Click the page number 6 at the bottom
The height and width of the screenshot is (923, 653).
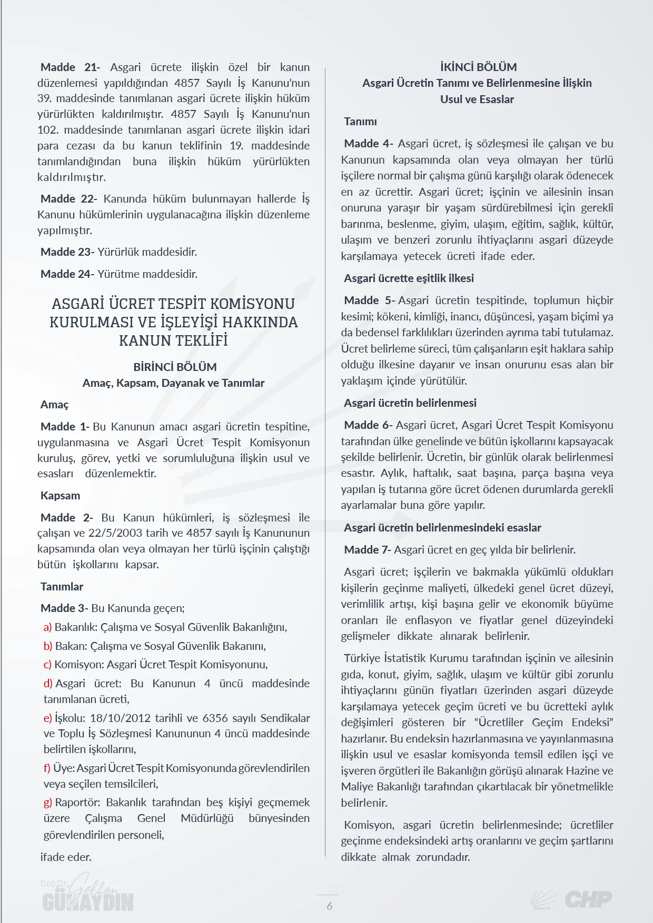330,906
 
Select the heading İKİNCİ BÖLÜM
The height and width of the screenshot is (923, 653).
478,67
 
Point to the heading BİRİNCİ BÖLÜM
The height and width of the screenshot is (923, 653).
175,367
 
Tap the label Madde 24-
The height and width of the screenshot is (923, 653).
67,274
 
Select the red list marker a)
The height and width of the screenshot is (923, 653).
48,627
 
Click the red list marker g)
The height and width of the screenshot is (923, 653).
48,802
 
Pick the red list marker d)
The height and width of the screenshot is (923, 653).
48,683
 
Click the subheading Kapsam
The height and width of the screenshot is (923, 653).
61,495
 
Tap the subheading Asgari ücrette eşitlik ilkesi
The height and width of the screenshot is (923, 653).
409,278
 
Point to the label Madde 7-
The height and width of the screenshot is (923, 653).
368,549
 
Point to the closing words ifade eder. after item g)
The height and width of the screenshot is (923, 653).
66,857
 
